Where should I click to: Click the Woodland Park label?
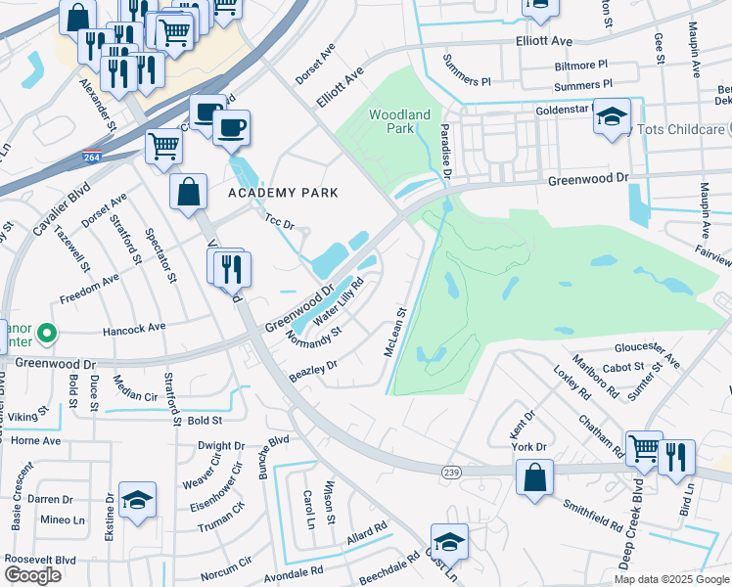tap(399, 122)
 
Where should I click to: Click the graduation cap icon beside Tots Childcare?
tap(612, 116)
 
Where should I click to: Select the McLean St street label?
tap(394, 334)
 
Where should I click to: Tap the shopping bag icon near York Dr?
tap(535, 478)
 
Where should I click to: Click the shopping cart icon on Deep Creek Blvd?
tap(644, 449)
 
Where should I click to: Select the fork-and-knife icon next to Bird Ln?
tap(676, 457)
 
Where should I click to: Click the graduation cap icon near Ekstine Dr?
tap(137, 500)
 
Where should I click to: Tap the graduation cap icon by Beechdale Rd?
tap(449, 541)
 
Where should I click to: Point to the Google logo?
tap(32, 575)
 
